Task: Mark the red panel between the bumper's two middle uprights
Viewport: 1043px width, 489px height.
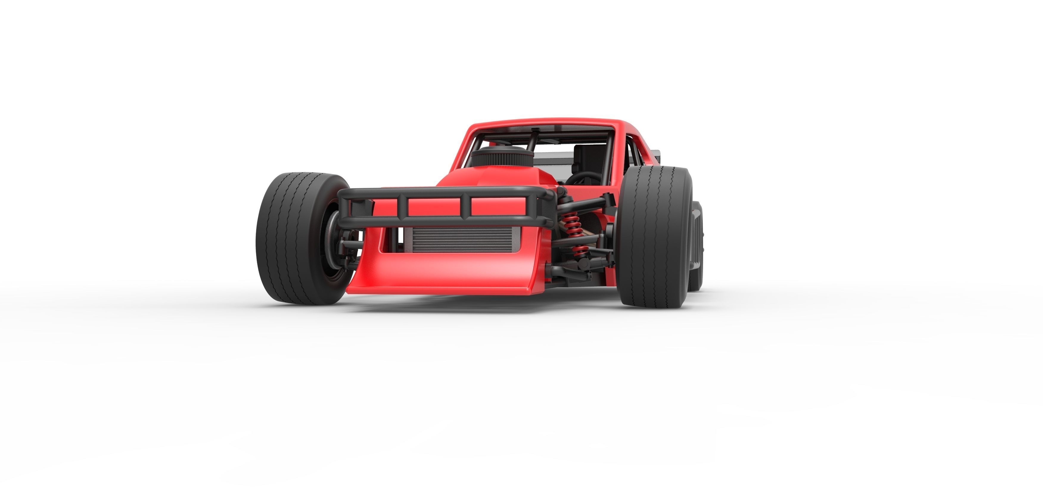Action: (434, 207)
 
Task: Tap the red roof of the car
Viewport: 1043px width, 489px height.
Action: (543, 124)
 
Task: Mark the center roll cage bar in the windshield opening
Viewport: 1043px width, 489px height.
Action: (532, 146)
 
